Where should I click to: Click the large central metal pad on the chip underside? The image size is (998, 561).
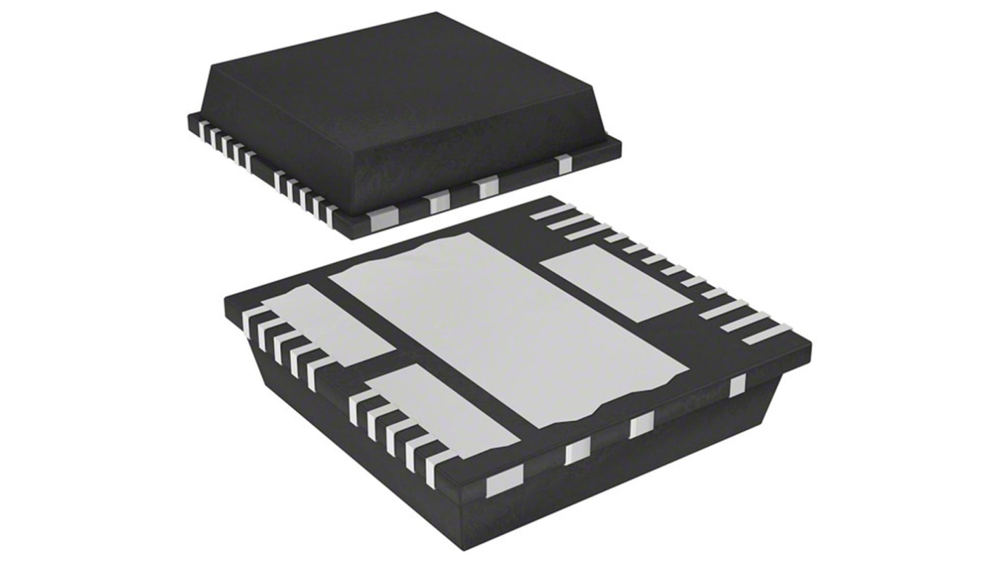(x=506, y=323)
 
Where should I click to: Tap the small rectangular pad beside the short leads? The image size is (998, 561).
(x=616, y=285)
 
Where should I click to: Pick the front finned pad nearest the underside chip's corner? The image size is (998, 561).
(x=443, y=415)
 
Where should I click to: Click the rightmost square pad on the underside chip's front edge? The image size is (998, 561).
(x=737, y=386)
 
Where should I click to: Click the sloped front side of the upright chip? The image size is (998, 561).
(x=478, y=155)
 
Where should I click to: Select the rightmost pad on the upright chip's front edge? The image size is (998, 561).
(x=562, y=165)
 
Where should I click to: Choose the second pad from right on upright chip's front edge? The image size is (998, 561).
(x=485, y=186)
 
